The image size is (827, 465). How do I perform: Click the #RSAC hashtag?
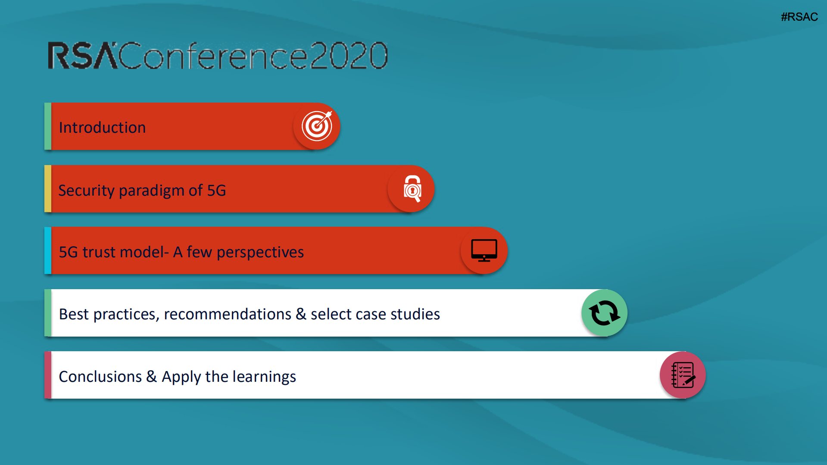click(799, 17)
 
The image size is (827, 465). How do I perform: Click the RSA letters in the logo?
click(82, 56)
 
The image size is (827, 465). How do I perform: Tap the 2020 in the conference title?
click(348, 56)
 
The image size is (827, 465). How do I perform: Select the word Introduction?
click(102, 128)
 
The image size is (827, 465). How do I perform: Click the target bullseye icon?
click(317, 126)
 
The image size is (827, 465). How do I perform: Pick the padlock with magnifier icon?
click(412, 189)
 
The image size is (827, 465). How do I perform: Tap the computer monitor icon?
click(484, 250)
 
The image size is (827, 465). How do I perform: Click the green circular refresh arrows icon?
click(604, 313)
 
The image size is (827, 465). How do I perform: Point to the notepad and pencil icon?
click(683, 375)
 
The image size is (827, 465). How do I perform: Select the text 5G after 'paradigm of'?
click(216, 190)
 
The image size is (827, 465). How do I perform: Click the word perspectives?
click(260, 253)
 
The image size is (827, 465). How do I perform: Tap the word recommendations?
click(228, 314)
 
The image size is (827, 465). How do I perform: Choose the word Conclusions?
click(100, 377)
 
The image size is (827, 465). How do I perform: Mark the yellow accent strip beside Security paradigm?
click(48, 189)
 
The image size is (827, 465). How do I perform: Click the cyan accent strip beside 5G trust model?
click(48, 250)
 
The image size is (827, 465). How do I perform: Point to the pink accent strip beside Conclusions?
click(48, 375)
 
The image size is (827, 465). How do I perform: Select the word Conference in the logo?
click(213, 56)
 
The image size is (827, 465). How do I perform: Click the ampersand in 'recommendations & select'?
click(301, 314)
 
